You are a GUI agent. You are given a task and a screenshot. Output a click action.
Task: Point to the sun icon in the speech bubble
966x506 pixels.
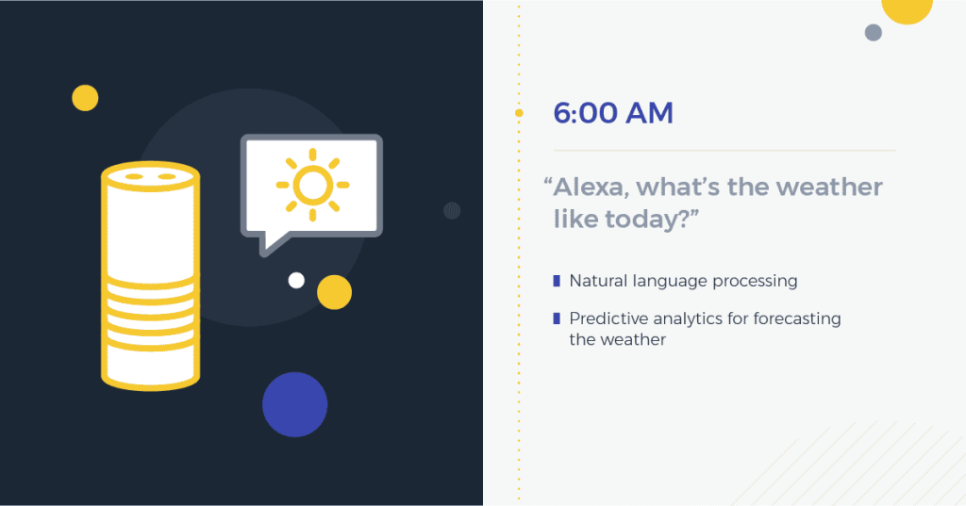click(x=312, y=185)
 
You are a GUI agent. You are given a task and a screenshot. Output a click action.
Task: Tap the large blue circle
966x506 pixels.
click(x=294, y=404)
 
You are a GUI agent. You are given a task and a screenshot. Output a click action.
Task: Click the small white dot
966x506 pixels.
click(x=296, y=280)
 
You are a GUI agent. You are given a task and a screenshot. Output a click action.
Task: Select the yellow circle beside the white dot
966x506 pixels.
click(x=334, y=292)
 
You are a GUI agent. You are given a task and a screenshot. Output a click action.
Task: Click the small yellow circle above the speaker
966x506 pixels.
click(x=85, y=97)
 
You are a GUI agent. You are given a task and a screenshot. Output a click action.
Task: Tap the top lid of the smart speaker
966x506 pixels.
click(x=150, y=176)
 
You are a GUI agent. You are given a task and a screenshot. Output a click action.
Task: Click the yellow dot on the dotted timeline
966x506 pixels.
click(x=519, y=113)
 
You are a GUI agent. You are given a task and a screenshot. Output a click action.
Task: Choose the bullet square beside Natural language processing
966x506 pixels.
click(x=557, y=281)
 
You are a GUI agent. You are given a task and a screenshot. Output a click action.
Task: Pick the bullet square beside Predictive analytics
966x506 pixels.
click(x=557, y=318)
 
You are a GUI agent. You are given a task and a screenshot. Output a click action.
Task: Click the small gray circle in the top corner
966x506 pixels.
click(x=874, y=33)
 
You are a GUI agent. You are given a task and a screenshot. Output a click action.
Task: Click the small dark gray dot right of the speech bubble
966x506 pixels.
click(x=452, y=210)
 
